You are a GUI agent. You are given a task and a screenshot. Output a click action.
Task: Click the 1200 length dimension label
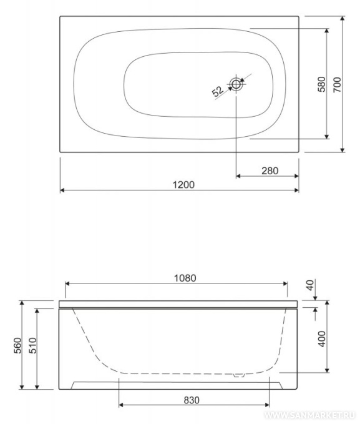pos(183,185)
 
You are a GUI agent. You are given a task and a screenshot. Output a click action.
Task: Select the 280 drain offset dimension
pos(270,170)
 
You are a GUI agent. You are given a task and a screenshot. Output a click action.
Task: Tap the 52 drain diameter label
pos(218,91)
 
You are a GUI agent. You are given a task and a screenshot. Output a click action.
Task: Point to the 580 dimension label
pos(321,84)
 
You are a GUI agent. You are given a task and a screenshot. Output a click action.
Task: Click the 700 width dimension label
pos(337,85)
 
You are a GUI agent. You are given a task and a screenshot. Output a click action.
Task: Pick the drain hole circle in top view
pos(236,84)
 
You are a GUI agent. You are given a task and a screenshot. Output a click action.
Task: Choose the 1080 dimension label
pos(185,278)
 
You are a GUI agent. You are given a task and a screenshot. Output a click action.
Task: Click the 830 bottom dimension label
pos(192,400)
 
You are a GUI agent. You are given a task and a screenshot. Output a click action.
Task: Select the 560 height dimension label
pos(17,345)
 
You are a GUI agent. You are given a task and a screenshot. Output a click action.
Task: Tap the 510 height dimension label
pos(32,345)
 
